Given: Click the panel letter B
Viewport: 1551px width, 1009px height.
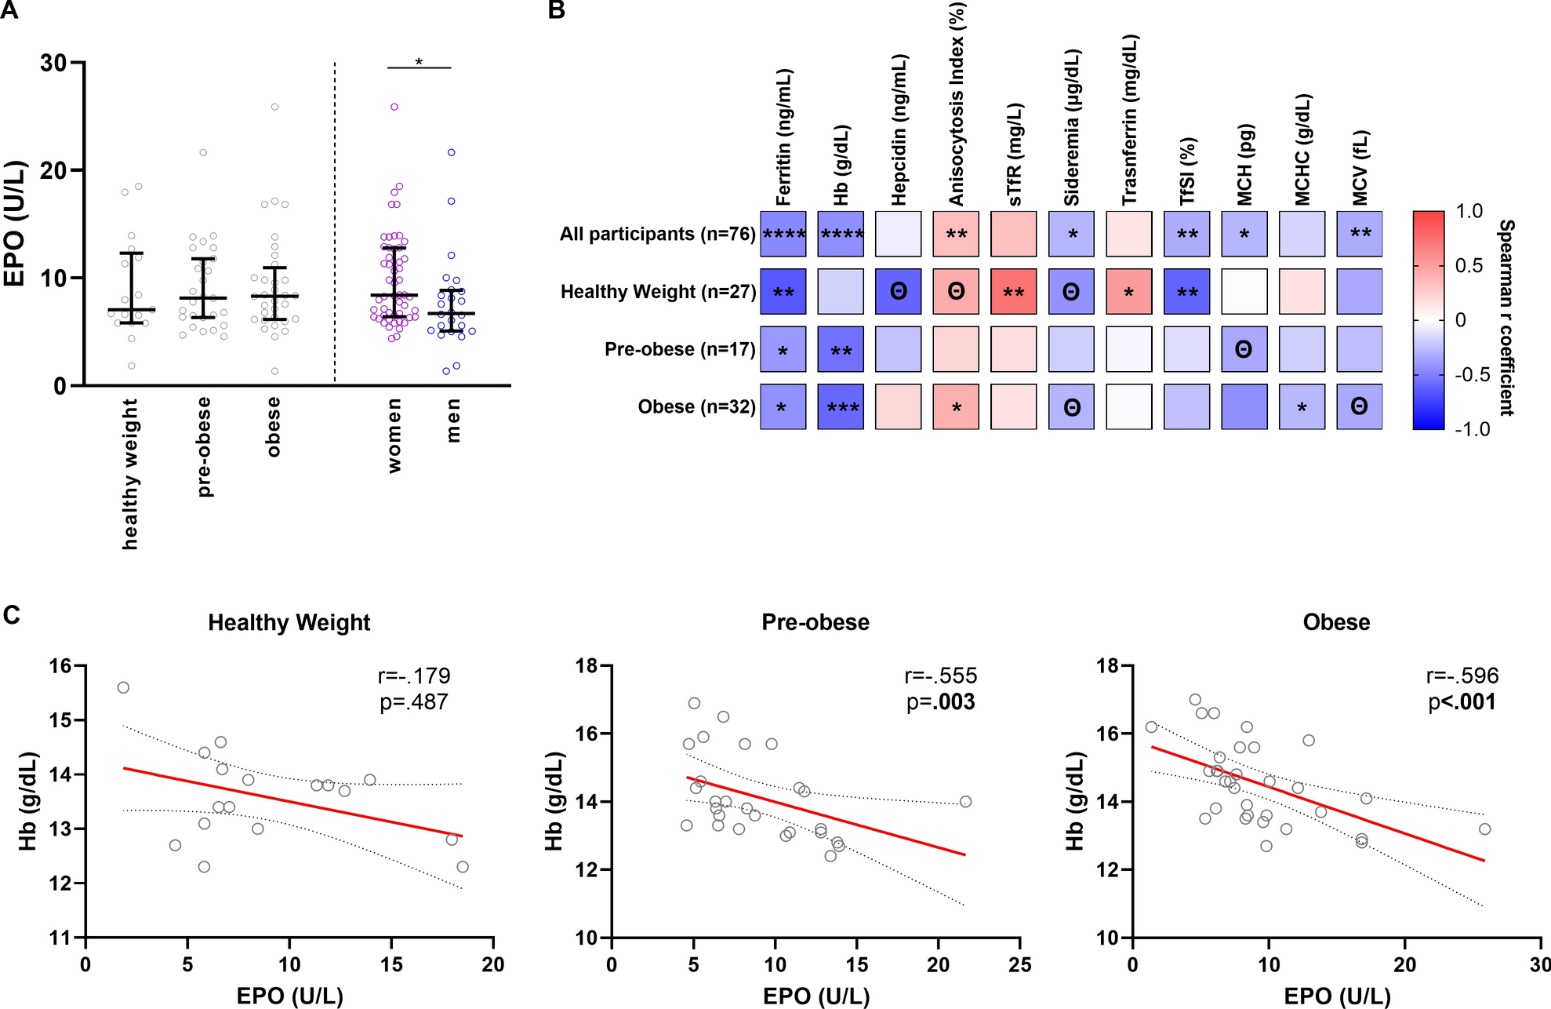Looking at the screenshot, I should coord(556,10).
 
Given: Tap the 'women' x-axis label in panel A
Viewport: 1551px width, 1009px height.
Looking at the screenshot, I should coord(394,435).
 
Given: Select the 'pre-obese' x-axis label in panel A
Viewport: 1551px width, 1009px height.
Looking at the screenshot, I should coord(204,446).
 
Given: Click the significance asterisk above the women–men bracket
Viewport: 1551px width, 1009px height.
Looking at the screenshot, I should coord(419,62).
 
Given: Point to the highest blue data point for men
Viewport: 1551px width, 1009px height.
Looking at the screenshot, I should coord(452,152).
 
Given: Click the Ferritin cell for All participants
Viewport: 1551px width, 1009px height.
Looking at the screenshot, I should coord(783,234).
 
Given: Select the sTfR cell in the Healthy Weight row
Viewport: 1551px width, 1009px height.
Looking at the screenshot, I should coord(1013,292).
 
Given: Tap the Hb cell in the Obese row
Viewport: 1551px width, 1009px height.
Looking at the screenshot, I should coord(841,406).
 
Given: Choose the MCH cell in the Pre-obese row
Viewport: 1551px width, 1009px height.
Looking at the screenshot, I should coord(1244,349).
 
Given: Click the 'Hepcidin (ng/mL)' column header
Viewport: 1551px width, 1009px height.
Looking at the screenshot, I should coord(899,130).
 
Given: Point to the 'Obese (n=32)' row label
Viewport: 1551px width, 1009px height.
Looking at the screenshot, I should coord(696,407).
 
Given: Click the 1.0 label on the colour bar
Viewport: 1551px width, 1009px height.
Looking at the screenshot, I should coord(1469,211).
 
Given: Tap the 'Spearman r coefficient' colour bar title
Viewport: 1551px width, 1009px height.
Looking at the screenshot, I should coord(1506,318).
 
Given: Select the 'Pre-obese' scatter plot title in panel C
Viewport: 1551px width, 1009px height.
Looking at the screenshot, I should coord(815,622).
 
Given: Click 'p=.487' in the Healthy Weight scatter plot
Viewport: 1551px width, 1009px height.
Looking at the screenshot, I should coord(413,702).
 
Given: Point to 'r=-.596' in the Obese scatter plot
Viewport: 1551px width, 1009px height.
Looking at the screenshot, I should coord(1462,676).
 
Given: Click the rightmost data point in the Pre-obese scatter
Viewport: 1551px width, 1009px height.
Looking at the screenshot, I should coord(965,802).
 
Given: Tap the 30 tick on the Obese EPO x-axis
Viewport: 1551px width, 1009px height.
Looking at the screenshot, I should coord(1539,964).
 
